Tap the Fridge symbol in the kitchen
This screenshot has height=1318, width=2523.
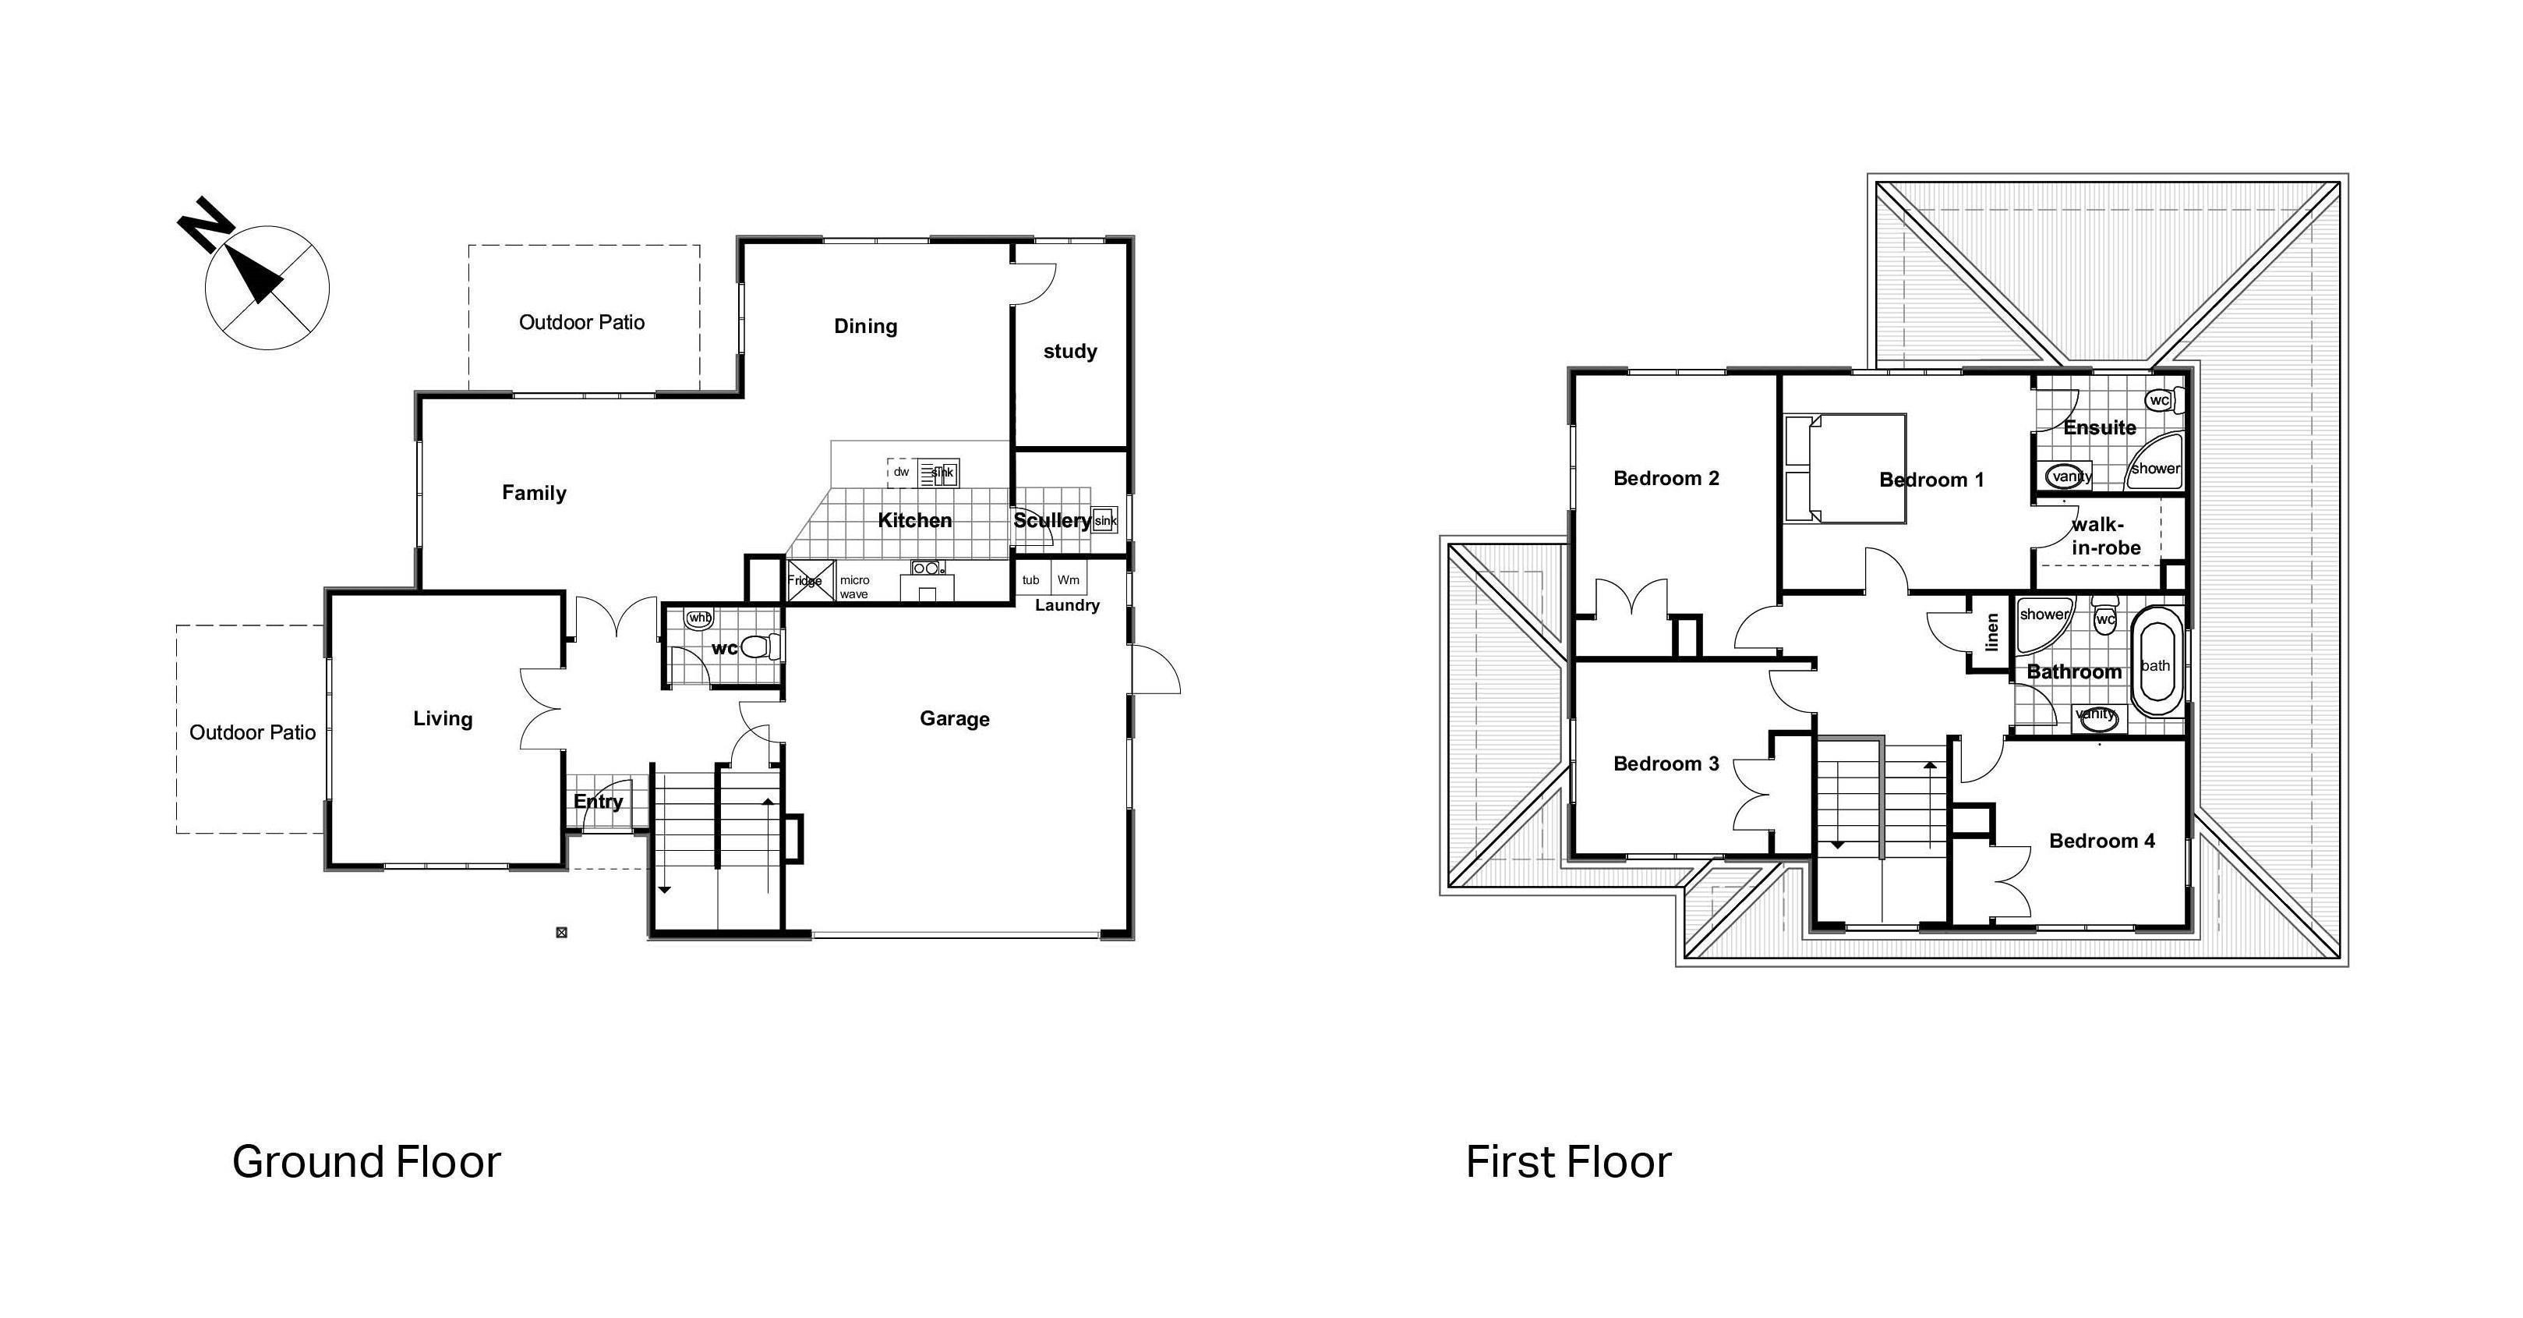(810, 580)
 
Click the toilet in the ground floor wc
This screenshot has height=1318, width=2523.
(760, 647)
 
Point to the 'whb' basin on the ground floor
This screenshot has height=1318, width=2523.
(699, 618)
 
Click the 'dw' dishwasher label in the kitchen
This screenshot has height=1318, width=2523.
(901, 473)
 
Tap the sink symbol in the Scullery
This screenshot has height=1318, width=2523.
(1104, 520)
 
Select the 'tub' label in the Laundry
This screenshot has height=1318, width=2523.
(1030, 580)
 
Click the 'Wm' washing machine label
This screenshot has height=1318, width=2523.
(1068, 580)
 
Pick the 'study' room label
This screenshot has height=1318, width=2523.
(1069, 351)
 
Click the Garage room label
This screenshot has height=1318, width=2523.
(954, 718)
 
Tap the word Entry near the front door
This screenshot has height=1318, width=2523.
(598, 802)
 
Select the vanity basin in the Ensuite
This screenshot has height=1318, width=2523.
(2065, 477)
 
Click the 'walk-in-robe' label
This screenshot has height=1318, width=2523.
(2106, 536)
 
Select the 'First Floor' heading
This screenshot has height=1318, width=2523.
(1567, 1162)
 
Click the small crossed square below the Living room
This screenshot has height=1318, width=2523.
(561, 932)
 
